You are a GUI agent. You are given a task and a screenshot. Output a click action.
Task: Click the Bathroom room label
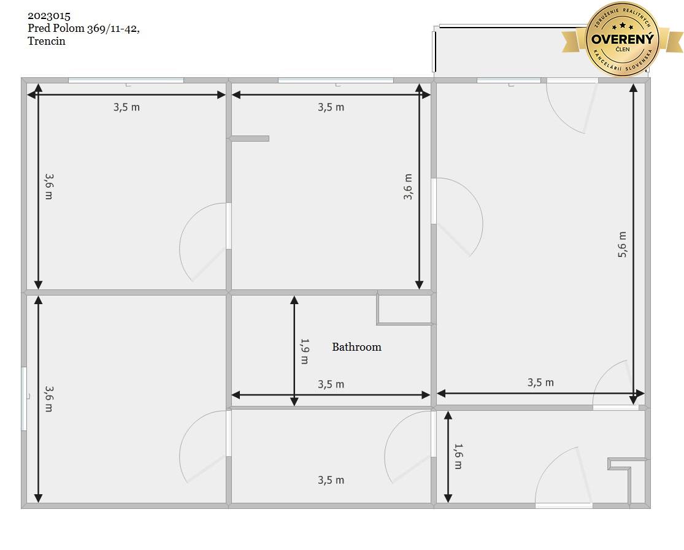(356, 347)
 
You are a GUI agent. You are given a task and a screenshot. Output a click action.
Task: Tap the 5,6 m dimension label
(622, 244)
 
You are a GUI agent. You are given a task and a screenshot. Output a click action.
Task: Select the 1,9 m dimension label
(304, 351)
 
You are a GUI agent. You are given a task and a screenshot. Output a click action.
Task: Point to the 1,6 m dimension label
(458, 456)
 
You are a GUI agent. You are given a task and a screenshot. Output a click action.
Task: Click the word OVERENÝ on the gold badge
(623, 39)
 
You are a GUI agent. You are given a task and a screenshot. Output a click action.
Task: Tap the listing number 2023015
(49, 16)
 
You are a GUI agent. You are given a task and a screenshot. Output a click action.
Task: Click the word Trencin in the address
(46, 41)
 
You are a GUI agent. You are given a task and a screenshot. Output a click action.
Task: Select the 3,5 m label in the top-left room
(126, 107)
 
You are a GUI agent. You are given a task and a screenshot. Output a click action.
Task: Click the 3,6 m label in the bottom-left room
(48, 399)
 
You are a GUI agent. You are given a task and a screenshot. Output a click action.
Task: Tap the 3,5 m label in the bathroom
(331, 384)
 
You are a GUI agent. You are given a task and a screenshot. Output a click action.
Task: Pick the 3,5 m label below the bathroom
(331, 480)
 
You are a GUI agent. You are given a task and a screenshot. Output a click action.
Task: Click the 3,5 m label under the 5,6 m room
(540, 383)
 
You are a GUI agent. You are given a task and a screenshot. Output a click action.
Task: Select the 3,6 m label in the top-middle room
(407, 186)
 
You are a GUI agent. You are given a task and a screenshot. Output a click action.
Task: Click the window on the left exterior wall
(25, 399)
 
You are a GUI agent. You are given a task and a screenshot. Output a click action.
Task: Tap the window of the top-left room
(126, 80)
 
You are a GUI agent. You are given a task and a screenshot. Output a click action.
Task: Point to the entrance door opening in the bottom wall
(564, 505)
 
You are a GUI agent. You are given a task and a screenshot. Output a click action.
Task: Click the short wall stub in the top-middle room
(250, 139)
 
